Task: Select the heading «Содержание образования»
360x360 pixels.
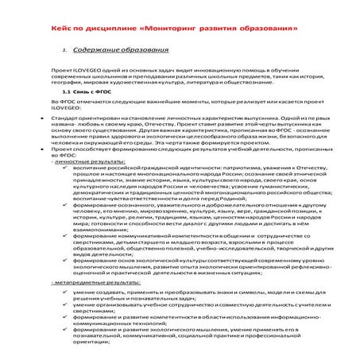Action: pos(116,51)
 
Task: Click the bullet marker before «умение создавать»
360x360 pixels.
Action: pos(64,292)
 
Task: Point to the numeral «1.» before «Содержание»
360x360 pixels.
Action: pos(66,51)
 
